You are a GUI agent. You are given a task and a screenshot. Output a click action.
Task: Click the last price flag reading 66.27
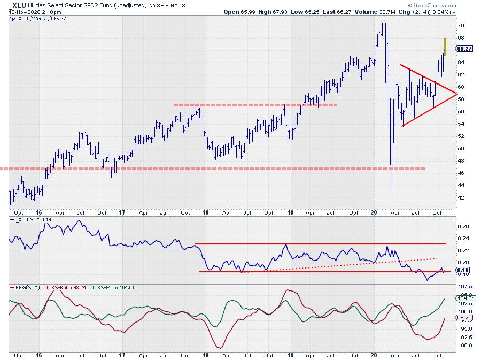pos(464,49)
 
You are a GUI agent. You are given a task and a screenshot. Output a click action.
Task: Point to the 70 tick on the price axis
pos(460,25)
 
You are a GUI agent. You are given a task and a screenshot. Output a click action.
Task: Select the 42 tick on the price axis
pos(460,197)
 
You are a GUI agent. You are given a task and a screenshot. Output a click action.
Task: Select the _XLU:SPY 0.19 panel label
pos(32,220)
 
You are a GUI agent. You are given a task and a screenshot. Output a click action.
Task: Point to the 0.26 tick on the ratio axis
pos(461,226)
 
